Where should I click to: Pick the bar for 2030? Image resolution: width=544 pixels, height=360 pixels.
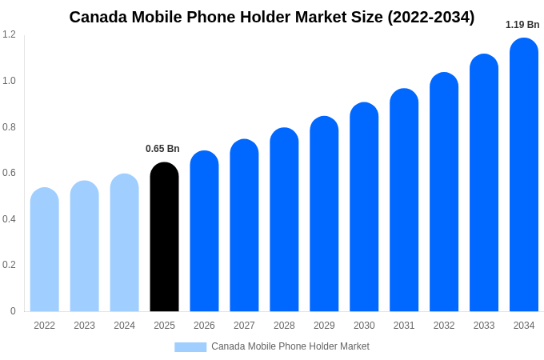click(x=364, y=207)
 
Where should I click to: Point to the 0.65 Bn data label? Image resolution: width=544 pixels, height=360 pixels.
click(x=162, y=149)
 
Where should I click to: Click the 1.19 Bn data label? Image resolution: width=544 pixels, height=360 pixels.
click(x=522, y=25)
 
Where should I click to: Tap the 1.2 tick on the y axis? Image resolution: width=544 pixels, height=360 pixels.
click(x=9, y=34)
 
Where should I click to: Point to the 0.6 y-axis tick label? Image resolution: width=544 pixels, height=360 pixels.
click(x=9, y=173)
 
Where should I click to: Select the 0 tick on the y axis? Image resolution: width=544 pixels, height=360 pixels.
click(x=13, y=311)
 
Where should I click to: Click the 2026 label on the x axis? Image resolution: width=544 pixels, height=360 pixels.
click(x=204, y=326)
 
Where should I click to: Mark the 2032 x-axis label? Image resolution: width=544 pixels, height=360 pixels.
click(x=444, y=326)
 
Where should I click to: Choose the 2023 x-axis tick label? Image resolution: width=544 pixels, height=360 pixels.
click(x=84, y=326)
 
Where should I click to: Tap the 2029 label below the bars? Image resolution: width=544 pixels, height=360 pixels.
click(x=324, y=326)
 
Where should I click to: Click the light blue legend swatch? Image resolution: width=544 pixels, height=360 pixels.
click(x=190, y=347)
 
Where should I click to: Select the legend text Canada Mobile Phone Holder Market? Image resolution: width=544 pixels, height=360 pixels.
click(x=290, y=346)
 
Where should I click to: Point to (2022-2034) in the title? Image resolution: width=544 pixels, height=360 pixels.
click(x=431, y=17)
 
